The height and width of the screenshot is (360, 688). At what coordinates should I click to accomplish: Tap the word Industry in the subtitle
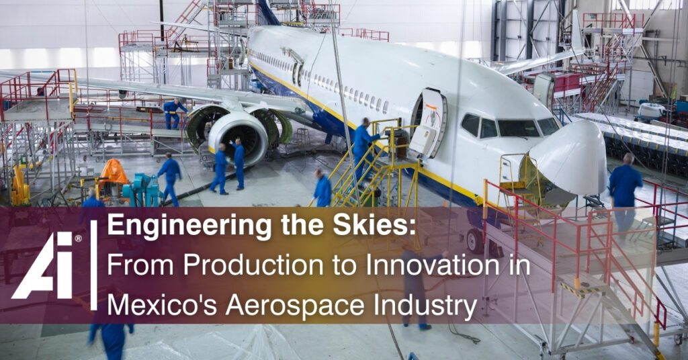[425, 306]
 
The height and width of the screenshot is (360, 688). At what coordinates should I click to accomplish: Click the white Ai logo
[42, 266]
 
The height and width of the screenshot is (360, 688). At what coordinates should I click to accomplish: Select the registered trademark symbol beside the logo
[78, 238]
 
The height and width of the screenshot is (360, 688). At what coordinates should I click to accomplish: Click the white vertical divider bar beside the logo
[93, 265]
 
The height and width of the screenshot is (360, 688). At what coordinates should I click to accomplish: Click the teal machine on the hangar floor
[140, 189]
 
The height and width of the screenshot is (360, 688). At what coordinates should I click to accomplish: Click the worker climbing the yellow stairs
[363, 147]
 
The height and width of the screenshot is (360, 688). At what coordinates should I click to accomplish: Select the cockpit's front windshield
[519, 128]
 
